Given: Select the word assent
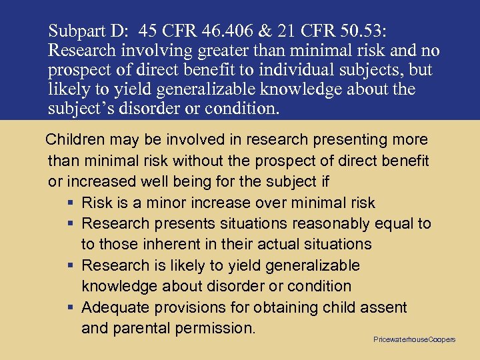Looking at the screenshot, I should coord(383,307).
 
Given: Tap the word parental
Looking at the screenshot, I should coord(143,328).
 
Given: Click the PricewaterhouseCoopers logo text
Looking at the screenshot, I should coord(414,339).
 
